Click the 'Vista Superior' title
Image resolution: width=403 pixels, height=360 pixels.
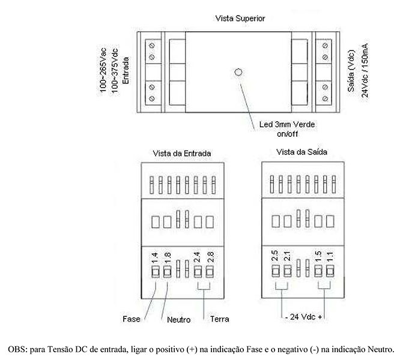pyautogui.click(x=240, y=19)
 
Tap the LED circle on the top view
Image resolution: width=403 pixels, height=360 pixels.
pyautogui.click(x=238, y=72)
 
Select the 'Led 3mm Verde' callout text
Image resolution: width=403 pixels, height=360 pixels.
pyautogui.click(x=287, y=125)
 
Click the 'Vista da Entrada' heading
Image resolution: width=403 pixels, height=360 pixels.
pyautogui.click(x=182, y=154)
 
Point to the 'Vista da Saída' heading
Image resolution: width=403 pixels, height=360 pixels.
pyautogui.click(x=301, y=152)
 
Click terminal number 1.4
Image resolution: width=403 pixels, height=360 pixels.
pyautogui.click(x=154, y=258)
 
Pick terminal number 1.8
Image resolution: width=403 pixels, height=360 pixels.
pyautogui.click(x=167, y=258)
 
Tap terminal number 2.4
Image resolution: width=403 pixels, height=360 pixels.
pyautogui.click(x=197, y=257)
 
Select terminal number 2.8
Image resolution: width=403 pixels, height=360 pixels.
pyautogui.click(x=210, y=257)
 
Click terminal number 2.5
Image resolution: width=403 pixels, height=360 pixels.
pyautogui.click(x=274, y=256)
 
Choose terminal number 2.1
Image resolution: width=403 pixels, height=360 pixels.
pyautogui.click(x=287, y=256)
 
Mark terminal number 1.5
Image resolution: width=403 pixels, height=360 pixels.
pyautogui.click(x=318, y=256)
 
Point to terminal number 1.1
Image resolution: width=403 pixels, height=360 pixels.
pyautogui.click(x=330, y=257)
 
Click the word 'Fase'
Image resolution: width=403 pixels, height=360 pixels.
pyautogui.click(x=132, y=319)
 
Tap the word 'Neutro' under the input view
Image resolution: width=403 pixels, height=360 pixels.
pyautogui.click(x=178, y=320)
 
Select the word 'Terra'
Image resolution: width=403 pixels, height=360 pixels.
pyautogui.click(x=219, y=319)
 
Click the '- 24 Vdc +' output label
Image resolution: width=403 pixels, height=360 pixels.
pyautogui.click(x=303, y=317)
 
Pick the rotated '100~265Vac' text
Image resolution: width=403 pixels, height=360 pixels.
pyautogui.click(x=103, y=70)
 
